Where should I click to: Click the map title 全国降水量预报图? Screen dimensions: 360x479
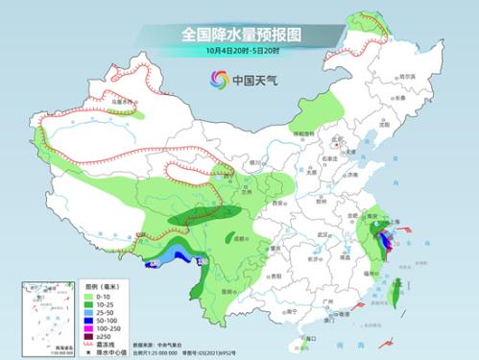239,34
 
